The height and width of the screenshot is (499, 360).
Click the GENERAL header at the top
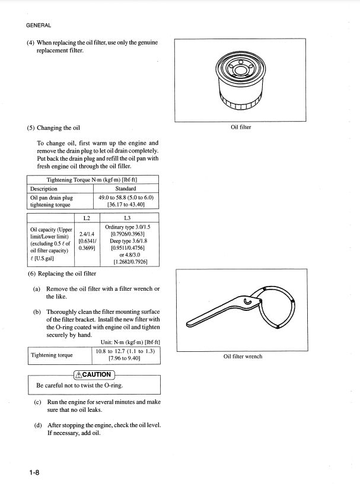tap(39, 25)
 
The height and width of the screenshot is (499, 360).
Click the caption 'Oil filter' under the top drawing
tap(241, 126)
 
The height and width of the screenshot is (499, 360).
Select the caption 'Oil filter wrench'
tap(243, 357)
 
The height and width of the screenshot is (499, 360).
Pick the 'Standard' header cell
tap(126, 189)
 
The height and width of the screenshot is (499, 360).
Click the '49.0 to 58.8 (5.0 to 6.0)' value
tap(126, 197)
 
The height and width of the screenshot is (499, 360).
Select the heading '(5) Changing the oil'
tap(54, 128)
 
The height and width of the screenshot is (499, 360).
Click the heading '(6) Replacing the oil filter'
tap(62, 274)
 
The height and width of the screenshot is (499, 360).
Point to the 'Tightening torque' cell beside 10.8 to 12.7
tap(52, 355)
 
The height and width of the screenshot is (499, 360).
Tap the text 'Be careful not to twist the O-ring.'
tap(79, 386)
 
